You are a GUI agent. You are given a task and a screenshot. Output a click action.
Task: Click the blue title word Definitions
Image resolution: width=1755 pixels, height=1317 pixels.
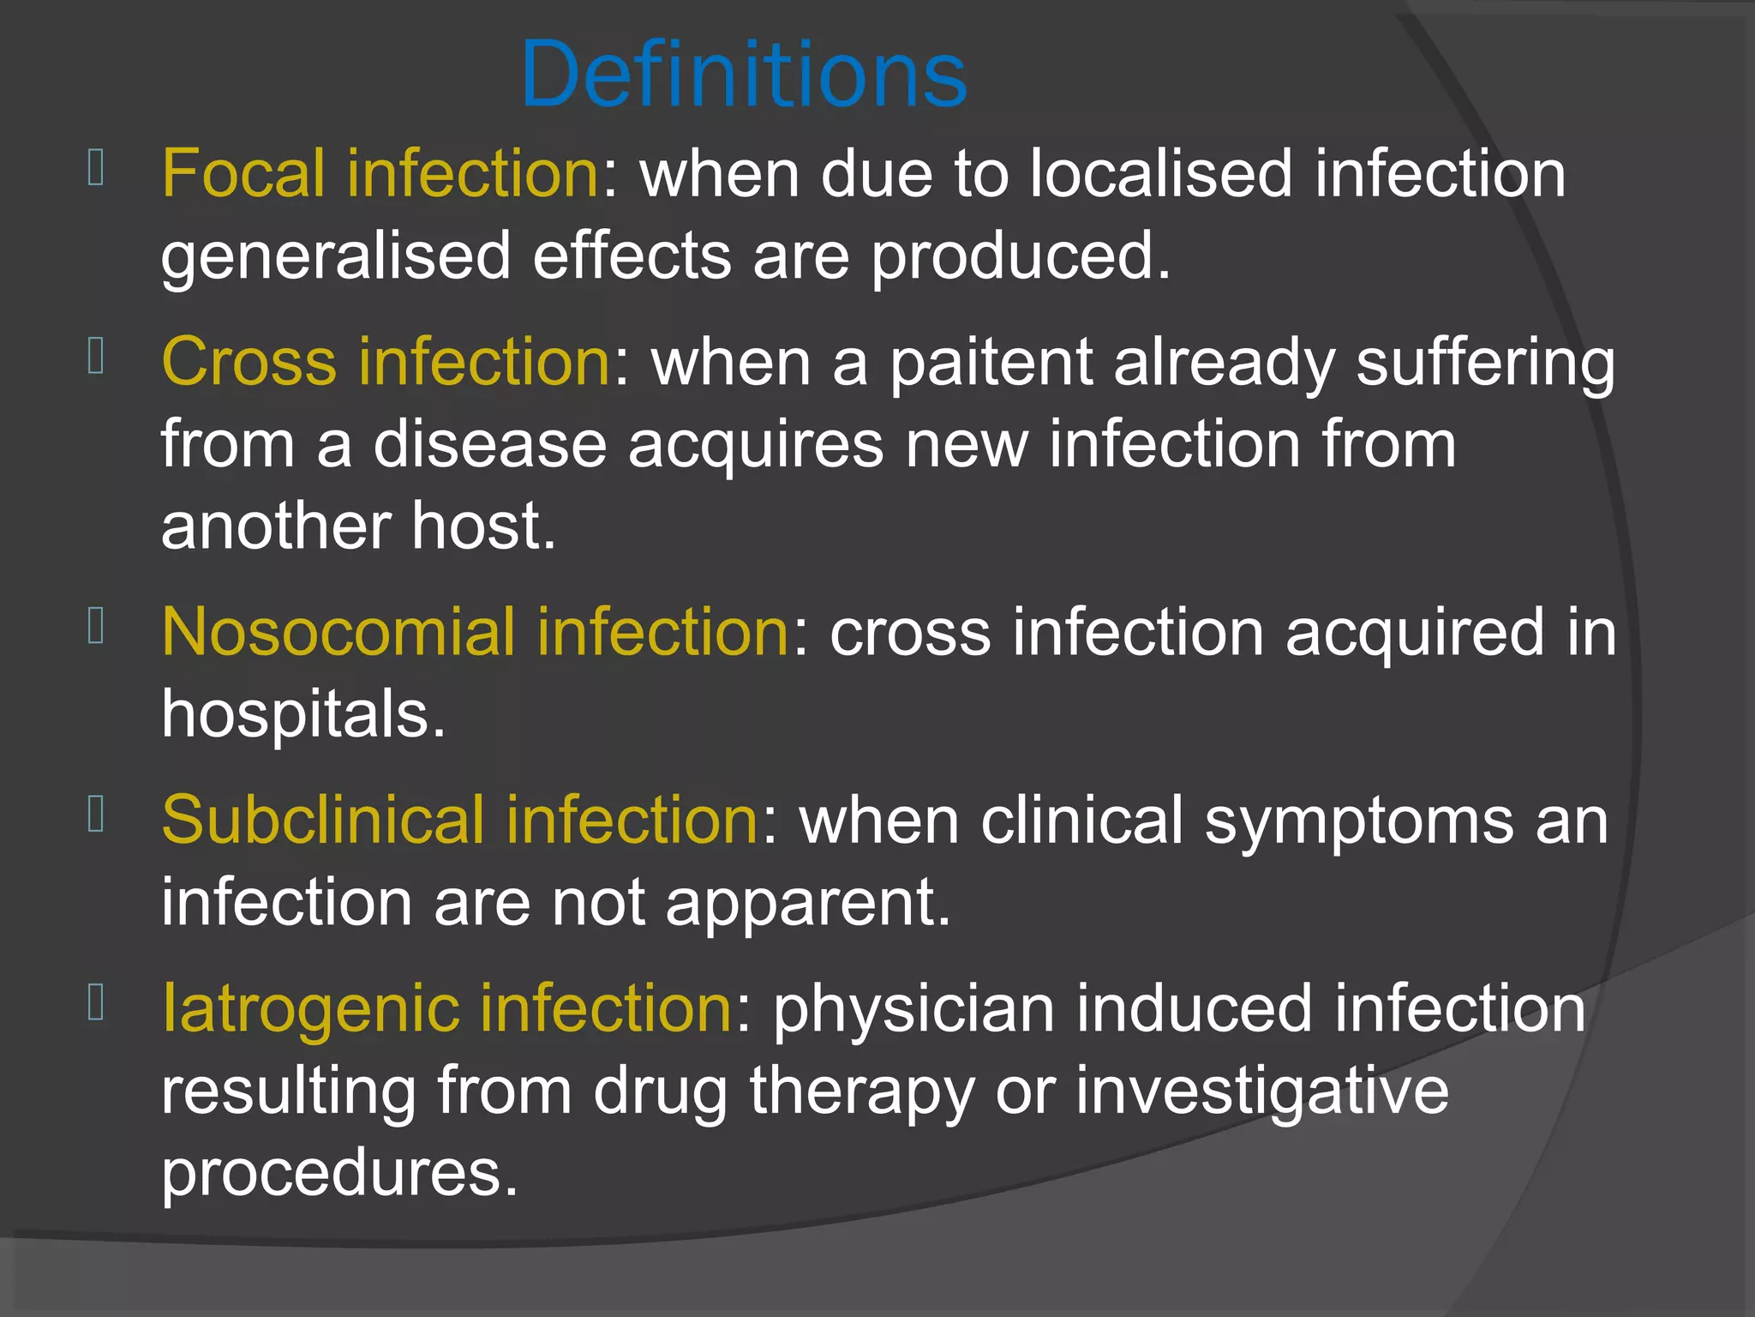(744, 75)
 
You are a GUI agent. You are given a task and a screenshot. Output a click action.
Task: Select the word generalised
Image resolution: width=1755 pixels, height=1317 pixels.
(336, 256)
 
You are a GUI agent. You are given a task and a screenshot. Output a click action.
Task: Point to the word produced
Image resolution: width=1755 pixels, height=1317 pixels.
(1020, 256)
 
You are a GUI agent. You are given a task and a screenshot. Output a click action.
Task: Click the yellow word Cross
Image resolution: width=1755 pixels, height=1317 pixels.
(249, 362)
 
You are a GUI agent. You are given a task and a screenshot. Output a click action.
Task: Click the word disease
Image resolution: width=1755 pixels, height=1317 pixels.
(489, 444)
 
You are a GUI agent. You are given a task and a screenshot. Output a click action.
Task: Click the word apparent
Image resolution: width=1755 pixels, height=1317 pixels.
(808, 904)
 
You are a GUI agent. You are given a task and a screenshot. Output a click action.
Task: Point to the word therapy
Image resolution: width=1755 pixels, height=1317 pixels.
(862, 1091)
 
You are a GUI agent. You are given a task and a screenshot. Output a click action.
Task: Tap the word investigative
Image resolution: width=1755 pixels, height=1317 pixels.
(1262, 1091)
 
